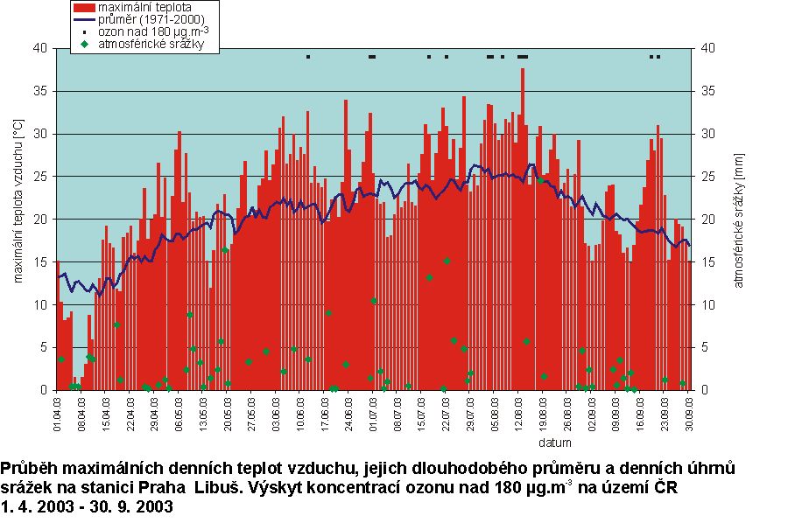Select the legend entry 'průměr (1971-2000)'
(141, 18)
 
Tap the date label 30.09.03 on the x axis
(690, 412)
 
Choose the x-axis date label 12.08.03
(520, 412)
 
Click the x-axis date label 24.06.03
(348, 412)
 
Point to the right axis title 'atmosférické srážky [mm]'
(738, 219)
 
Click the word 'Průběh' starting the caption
(27, 468)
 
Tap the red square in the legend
(83, 6)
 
